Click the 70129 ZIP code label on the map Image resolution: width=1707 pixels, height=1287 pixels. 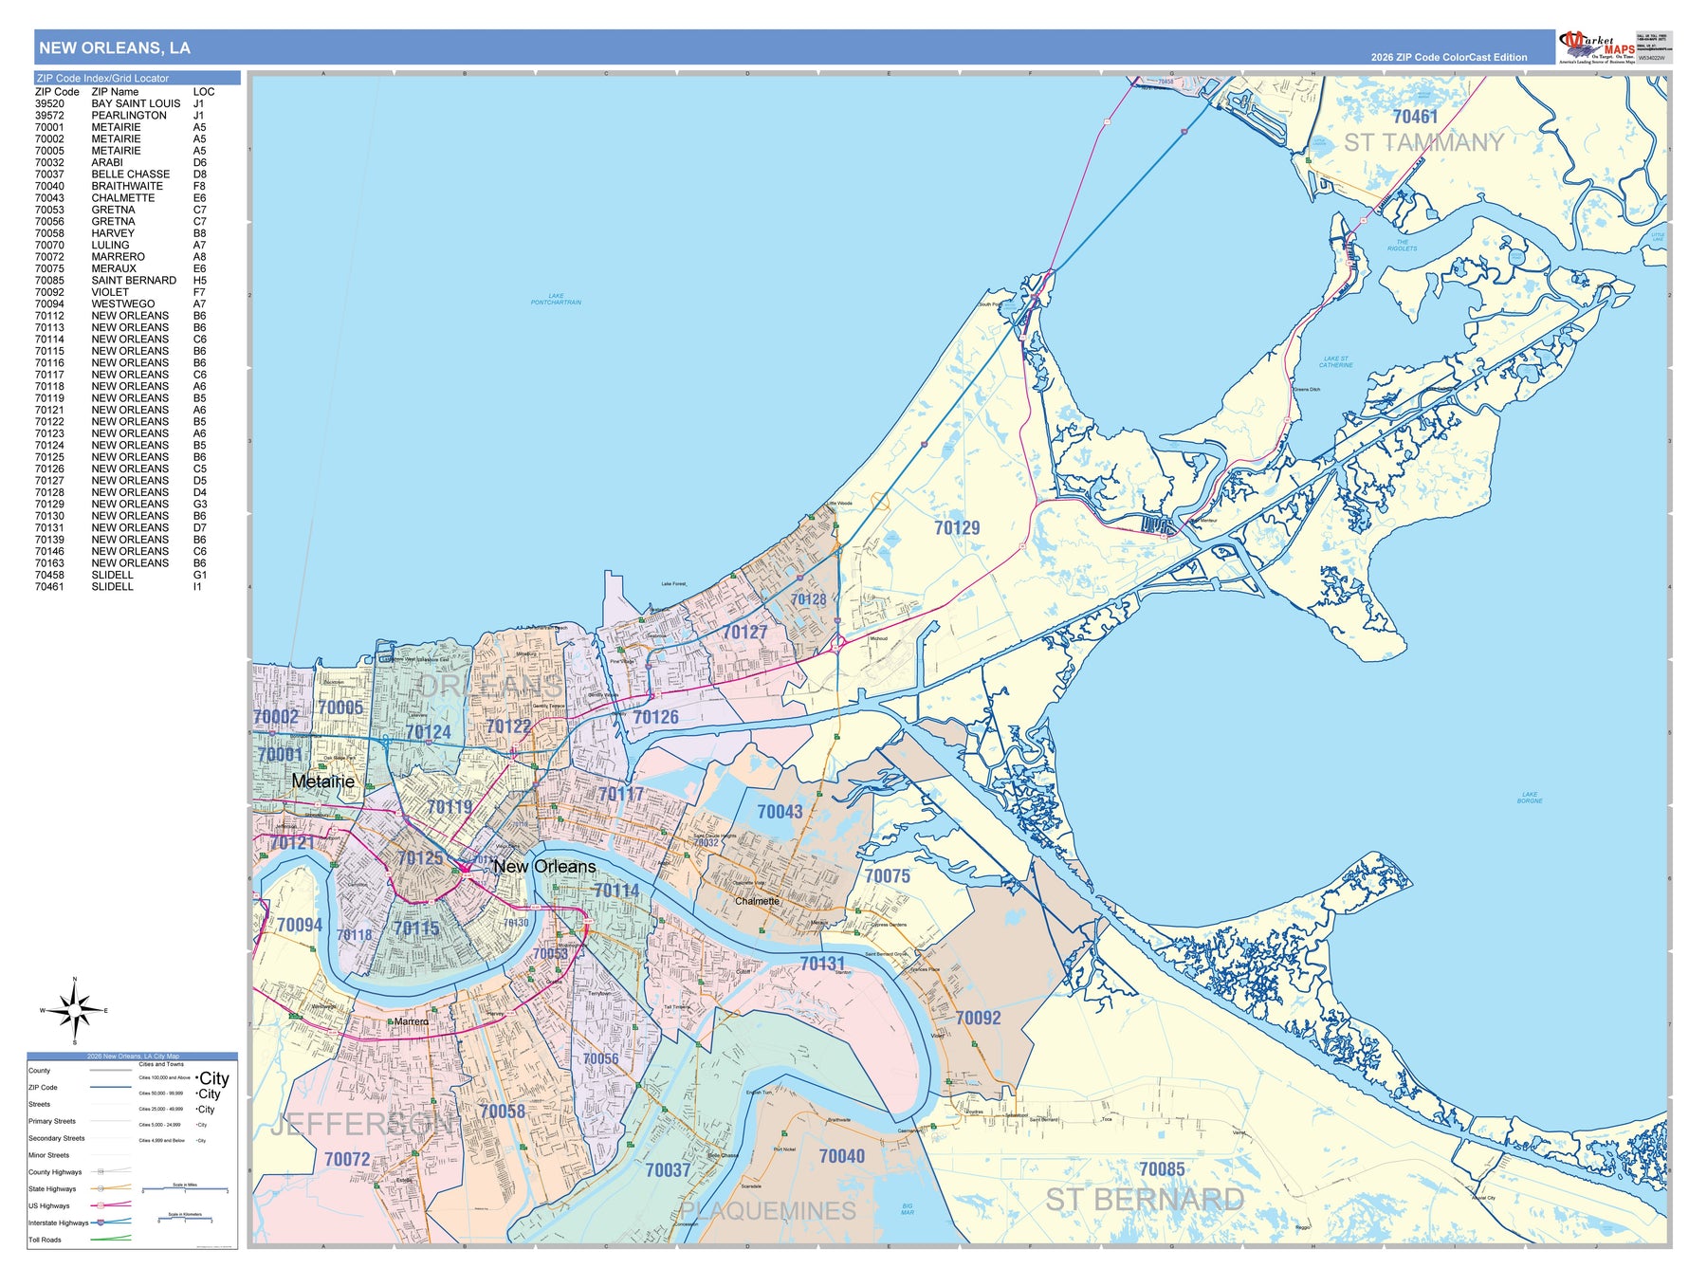956,528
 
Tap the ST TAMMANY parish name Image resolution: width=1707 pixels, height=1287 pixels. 1423,143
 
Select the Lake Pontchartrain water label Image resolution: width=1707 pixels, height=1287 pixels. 556,300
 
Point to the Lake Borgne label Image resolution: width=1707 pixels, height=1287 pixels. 1529,799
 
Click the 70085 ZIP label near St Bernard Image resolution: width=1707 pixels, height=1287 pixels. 1162,1169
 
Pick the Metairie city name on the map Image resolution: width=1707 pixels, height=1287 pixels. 323,781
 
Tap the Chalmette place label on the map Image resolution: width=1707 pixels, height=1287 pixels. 757,901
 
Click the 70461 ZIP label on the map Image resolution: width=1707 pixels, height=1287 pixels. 1415,117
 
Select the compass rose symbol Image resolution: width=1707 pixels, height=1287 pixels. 76,1010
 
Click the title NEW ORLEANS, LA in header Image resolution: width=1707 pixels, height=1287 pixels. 115,48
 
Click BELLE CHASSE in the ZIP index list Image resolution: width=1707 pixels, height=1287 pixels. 131,175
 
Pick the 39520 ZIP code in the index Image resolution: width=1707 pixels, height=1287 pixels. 49,103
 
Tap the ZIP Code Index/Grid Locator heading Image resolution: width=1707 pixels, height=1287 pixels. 102,79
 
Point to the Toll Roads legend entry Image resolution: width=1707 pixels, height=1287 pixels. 45,1240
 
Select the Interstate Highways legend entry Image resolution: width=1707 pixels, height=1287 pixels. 58,1223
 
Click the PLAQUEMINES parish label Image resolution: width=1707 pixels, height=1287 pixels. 767,1211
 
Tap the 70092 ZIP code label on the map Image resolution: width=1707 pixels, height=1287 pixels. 978,1019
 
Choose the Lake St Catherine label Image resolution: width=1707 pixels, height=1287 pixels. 1335,362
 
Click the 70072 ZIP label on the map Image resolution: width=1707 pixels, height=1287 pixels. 347,1159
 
